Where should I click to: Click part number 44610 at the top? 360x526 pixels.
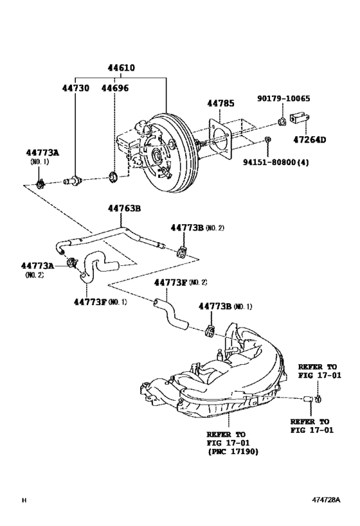coord(122,68)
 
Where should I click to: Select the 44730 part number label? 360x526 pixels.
coord(76,88)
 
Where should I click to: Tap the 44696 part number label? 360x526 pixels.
coord(115,88)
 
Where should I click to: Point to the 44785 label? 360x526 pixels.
coord(221,103)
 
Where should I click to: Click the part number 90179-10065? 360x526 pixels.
coord(283,98)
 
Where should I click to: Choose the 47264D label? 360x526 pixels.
coord(310,139)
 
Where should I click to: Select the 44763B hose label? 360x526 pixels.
coord(124,208)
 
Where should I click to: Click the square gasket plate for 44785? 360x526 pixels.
coord(221,137)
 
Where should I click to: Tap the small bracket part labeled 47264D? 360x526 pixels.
coord(300,118)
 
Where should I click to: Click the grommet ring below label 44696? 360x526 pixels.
coord(113,176)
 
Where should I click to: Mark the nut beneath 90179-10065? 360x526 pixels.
coord(282,122)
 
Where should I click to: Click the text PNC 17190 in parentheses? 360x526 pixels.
coord(233,451)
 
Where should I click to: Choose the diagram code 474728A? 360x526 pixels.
coord(326,500)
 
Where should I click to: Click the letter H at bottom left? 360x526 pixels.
coord(24,500)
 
